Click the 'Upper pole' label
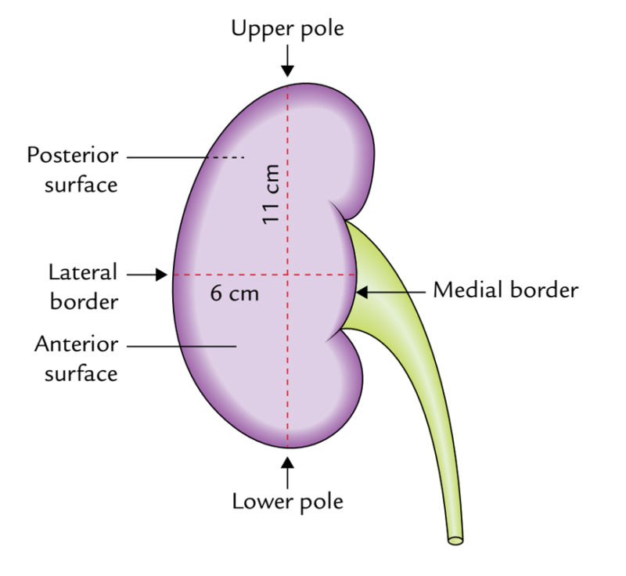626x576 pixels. point(287,30)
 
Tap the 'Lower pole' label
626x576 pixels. point(287,500)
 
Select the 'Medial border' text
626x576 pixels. point(505,290)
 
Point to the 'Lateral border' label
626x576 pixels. point(83,286)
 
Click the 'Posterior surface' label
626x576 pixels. point(72,169)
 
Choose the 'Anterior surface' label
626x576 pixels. point(76,358)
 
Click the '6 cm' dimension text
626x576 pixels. point(234,295)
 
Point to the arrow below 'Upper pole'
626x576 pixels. point(288,61)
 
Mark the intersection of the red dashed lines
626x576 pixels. point(288,275)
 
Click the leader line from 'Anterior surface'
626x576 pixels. point(181,345)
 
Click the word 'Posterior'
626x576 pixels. point(72,155)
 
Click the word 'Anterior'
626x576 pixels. point(76,345)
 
